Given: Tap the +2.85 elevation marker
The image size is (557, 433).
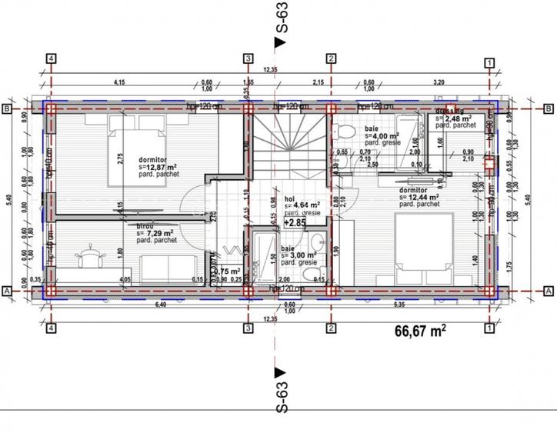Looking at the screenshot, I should click(x=295, y=222).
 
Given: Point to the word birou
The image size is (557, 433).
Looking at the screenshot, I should click(x=144, y=226).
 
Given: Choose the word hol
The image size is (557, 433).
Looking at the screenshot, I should click(x=289, y=198).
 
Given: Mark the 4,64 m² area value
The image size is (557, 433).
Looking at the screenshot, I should click(x=302, y=205).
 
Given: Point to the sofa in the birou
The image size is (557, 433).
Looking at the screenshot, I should click(x=165, y=268).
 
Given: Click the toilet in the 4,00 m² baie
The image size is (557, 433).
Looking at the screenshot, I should click(x=344, y=128).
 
